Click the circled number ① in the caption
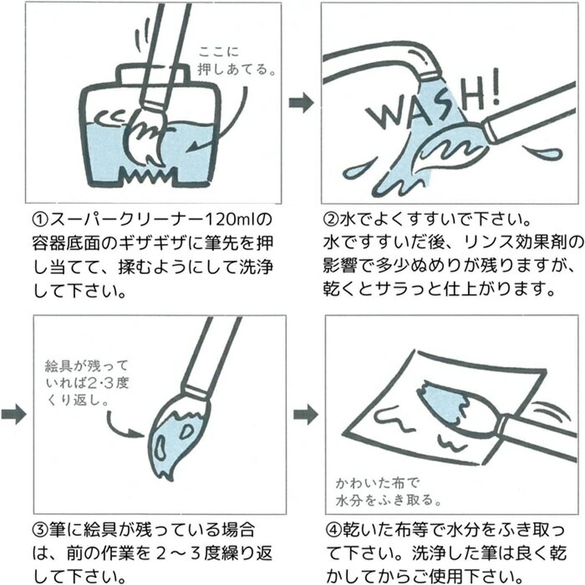(x=41, y=220)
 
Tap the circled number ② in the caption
(x=331, y=220)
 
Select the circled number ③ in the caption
(x=41, y=530)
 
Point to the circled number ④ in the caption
(x=334, y=530)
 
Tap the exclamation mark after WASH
(x=494, y=87)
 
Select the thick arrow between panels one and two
(x=302, y=102)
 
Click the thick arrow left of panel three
(x=14, y=415)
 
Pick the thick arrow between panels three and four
(x=306, y=415)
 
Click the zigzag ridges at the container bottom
(x=147, y=175)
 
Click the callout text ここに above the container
(x=219, y=52)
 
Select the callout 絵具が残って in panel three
(x=87, y=366)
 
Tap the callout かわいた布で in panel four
(x=377, y=483)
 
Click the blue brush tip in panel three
(x=175, y=440)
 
